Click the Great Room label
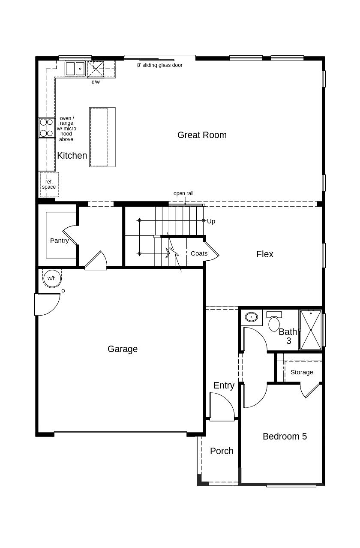click(x=202, y=135)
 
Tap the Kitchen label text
click(x=72, y=156)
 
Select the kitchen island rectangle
click(x=102, y=137)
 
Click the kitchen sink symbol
click(x=75, y=69)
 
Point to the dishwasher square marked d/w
click(x=96, y=69)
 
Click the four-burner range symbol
click(x=47, y=128)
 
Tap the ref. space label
click(x=49, y=184)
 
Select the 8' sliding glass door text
click(x=159, y=65)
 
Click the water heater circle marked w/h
click(x=52, y=278)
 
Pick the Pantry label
click(x=59, y=241)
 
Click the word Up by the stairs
click(x=211, y=221)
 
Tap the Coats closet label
click(x=199, y=253)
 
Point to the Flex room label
click(x=264, y=254)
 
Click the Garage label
click(x=123, y=349)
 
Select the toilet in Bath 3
click(x=274, y=322)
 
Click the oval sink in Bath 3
click(x=251, y=317)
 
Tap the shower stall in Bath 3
click(x=311, y=330)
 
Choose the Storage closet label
click(x=302, y=372)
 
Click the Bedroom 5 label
click(x=285, y=437)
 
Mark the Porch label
click(x=222, y=451)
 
